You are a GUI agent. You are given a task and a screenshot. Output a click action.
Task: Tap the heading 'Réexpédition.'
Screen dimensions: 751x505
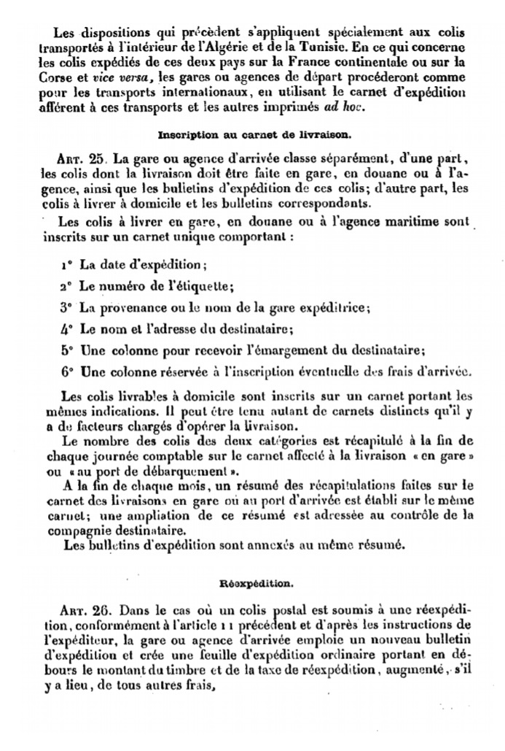[252, 584]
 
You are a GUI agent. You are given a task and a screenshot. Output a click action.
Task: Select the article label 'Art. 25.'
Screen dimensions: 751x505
[82, 158]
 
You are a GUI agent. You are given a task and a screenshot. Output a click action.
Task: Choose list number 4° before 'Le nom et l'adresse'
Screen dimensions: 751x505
[66, 328]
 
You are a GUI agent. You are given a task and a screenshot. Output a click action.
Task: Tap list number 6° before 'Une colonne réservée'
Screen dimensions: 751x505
[66, 370]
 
